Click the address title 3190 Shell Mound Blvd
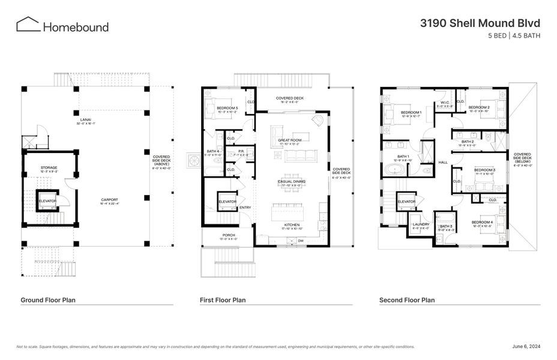[480, 23]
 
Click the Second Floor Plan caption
[407, 300]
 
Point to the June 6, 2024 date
[526, 346]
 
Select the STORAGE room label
[49, 168]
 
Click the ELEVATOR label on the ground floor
[47, 200]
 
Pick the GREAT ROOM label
[289, 140]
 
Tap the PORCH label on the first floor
[228, 235]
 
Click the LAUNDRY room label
[421, 225]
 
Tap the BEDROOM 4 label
[483, 223]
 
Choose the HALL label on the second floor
[444, 162]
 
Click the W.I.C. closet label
[445, 103]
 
